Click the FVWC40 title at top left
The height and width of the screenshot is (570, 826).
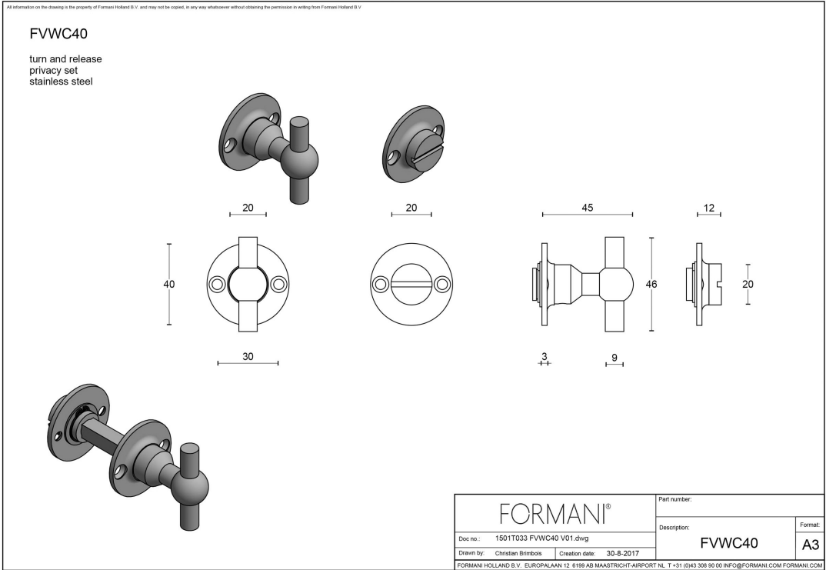(52, 34)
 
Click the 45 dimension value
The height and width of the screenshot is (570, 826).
(588, 208)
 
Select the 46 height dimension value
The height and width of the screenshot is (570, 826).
(651, 284)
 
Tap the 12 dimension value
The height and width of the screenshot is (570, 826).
(708, 208)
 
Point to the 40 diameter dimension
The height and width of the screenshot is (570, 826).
(169, 284)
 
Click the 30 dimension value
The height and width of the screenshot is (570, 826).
(248, 356)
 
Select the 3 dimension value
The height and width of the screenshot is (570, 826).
(544, 356)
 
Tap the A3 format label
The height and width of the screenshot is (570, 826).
(810, 545)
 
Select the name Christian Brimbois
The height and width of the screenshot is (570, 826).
(518, 553)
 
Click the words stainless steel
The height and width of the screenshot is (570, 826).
(61, 82)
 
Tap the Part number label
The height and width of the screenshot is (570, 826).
(675, 499)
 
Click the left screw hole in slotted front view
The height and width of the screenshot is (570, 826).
(379, 285)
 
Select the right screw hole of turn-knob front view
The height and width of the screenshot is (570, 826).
(278, 285)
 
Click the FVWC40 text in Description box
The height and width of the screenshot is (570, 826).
(729, 543)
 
